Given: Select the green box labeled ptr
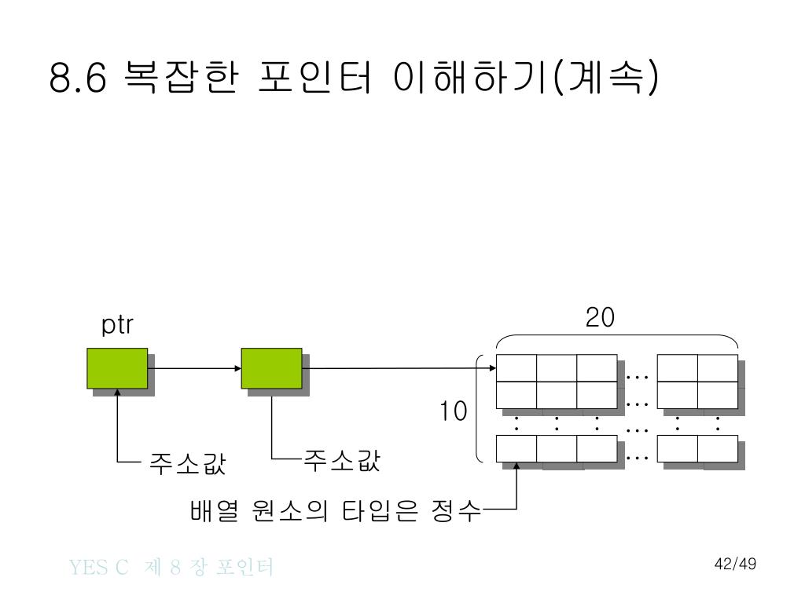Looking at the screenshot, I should (117, 368).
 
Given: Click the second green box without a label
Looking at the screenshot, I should (271, 368).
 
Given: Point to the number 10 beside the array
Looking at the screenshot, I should (453, 411).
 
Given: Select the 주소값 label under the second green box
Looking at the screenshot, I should (342, 461).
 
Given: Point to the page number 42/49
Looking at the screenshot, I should (735, 564).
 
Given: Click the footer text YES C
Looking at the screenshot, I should (98, 567).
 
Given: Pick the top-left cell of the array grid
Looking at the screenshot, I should (516, 367).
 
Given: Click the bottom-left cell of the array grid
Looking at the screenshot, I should (516, 448).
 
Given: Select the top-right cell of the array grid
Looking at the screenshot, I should (718, 367).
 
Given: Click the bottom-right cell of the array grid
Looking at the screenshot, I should (718, 448).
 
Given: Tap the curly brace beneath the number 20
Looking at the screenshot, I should (617, 340).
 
